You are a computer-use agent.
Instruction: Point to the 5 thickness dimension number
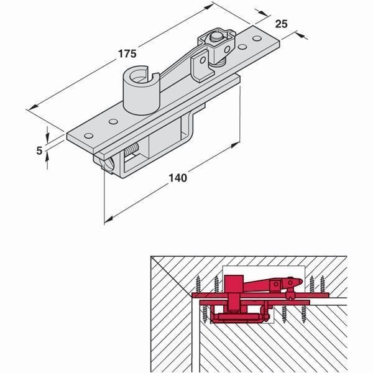[x=39, y=150]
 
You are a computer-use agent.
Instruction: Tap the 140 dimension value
[x=178, y=178]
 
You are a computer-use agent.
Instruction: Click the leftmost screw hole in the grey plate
[x=88, y=136]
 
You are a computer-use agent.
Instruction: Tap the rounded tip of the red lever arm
[x=297, y=282]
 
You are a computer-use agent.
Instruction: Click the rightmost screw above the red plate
[x=323, y=284]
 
